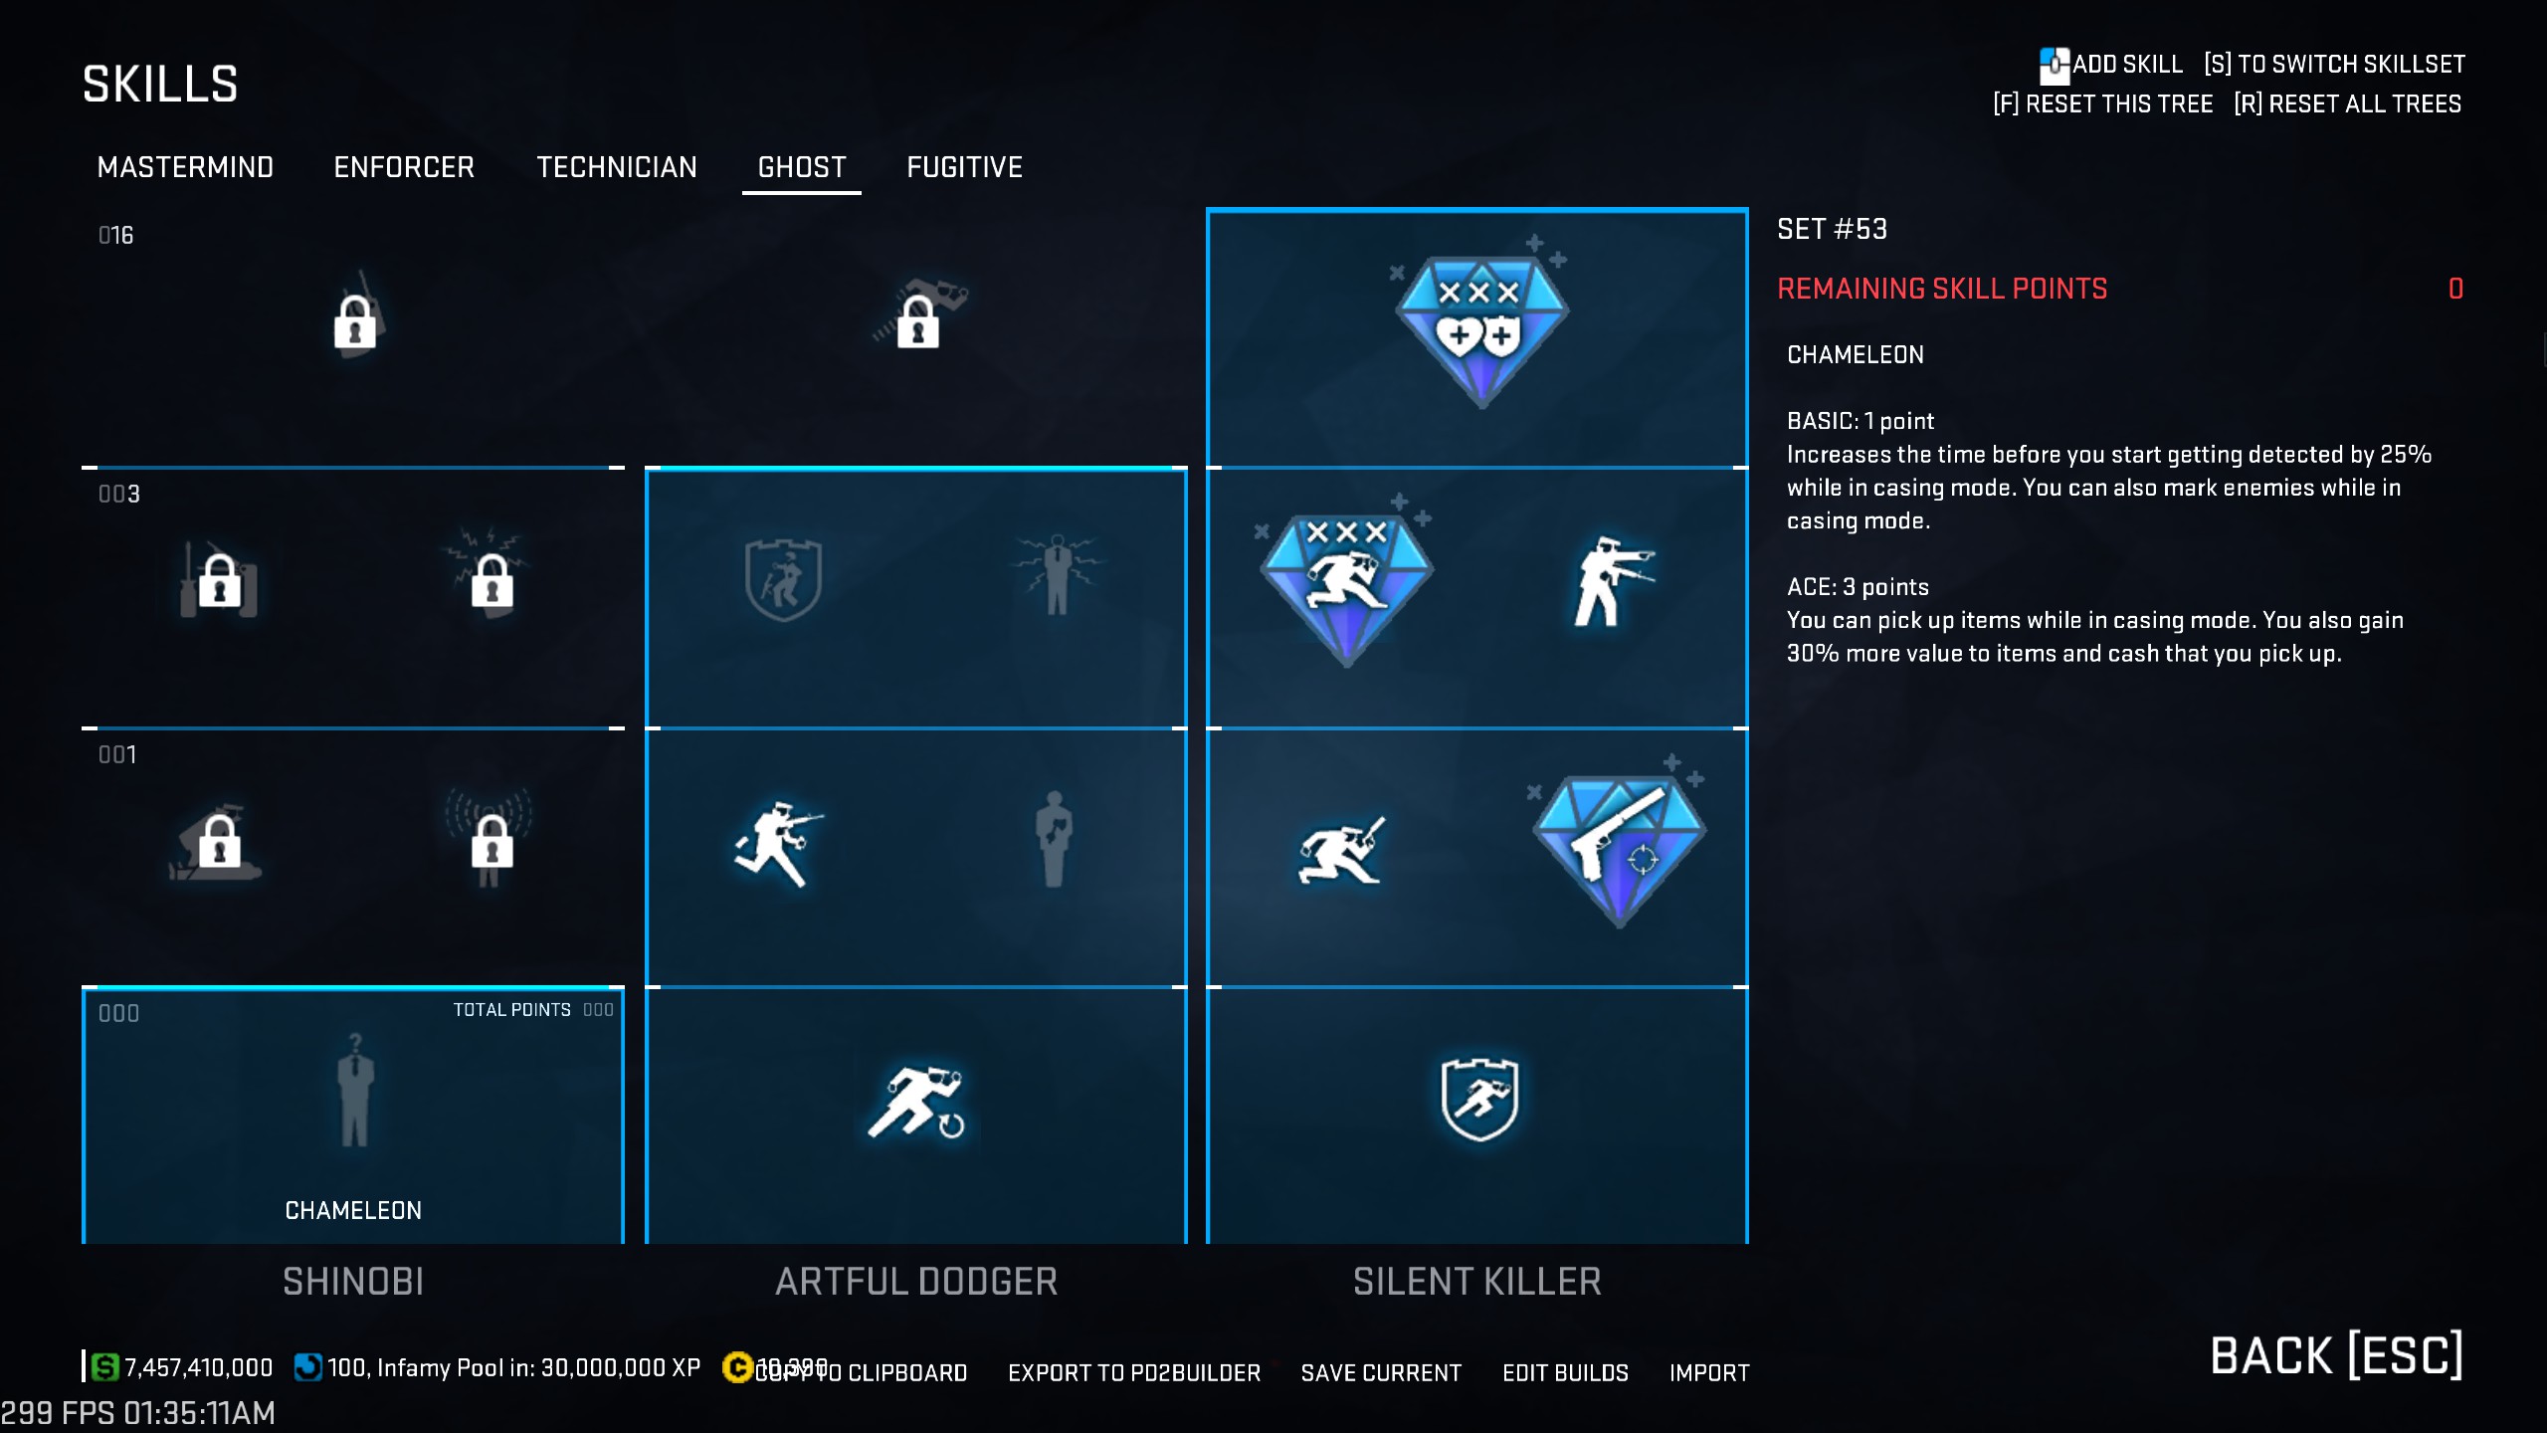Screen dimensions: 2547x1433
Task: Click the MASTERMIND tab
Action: click(x=185, y=167)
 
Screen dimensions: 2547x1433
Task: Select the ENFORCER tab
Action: click(x=404, y=167)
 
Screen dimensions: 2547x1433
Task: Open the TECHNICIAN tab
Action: click(x=617, y=167)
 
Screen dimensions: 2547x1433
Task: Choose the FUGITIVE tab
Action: click(x=964, y=167)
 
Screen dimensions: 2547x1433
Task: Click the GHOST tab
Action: click(x=802, y=167)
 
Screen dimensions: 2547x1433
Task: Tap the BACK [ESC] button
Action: click(x=2336, y=1355)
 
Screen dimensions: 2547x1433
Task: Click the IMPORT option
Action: click(x=1709, y=1373)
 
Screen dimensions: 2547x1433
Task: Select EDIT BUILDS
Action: click(x=1565, y=1373)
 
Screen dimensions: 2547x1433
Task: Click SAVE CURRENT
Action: click(x=1381, y=1373)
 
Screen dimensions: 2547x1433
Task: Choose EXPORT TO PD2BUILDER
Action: click(x=1134, y=1373)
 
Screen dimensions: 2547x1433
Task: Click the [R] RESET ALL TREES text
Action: click(x=2347, y=104)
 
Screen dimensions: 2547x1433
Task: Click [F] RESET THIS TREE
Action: click(x=2103, y=104)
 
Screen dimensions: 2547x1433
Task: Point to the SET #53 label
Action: click(x=1832, y=229)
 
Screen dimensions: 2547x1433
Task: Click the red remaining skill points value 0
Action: click(x=2455, y=289)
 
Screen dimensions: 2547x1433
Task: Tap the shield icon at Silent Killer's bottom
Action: click(x=1479, y=1099)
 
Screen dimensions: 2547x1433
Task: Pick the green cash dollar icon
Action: click(x=104, y=1367)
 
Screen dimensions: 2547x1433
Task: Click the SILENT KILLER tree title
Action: click(x=1476, y=1282)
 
